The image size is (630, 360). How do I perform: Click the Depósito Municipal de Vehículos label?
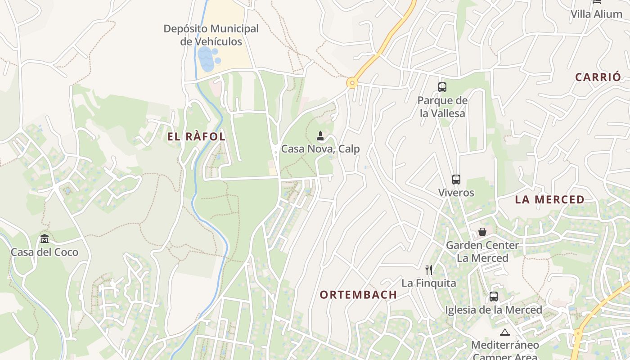tap(211, 35)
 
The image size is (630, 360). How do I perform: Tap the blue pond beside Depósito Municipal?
tap(207, 59)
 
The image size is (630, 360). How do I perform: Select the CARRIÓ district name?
tap(598, 77)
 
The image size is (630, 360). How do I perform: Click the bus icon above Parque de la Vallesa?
tap(442, 87)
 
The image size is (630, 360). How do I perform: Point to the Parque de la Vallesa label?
tap(442, 107)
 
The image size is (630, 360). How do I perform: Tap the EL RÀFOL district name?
tap(196, 137)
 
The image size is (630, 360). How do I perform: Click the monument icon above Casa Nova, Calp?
tap(320, 135)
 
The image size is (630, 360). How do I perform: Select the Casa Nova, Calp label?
tap(320, 148)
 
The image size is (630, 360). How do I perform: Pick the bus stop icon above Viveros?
tap(456, 180)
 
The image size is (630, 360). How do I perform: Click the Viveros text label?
tap(456, 193)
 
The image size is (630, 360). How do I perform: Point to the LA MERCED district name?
tap(549, 199)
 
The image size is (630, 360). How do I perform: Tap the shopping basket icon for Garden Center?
tap(482, 232)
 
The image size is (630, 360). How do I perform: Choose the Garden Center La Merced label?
tap(482, 252)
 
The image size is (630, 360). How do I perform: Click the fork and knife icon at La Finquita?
tap(429, 270)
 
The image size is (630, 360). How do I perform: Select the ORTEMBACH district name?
tap(358, 295)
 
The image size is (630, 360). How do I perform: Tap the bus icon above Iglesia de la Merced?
tap(494, 297)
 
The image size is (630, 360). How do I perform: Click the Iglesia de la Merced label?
tap(494, 310)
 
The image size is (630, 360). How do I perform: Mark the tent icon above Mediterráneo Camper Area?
tap(504, 333)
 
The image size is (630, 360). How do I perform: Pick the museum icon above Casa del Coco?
tap(44, 238)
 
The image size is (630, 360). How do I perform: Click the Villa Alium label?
tap(596, 14)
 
